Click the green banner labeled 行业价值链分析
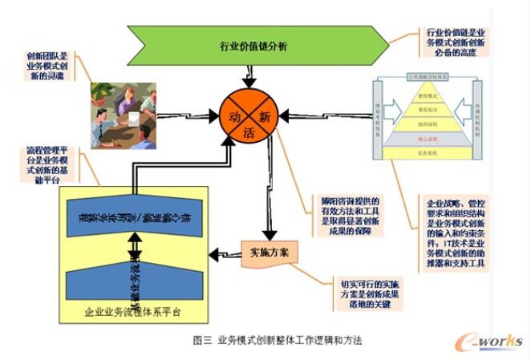click(253, 46)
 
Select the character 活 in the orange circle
click(252, 131)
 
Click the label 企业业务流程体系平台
click(132, 310)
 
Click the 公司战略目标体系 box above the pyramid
click(430, 78)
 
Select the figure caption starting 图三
click(278, 340)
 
